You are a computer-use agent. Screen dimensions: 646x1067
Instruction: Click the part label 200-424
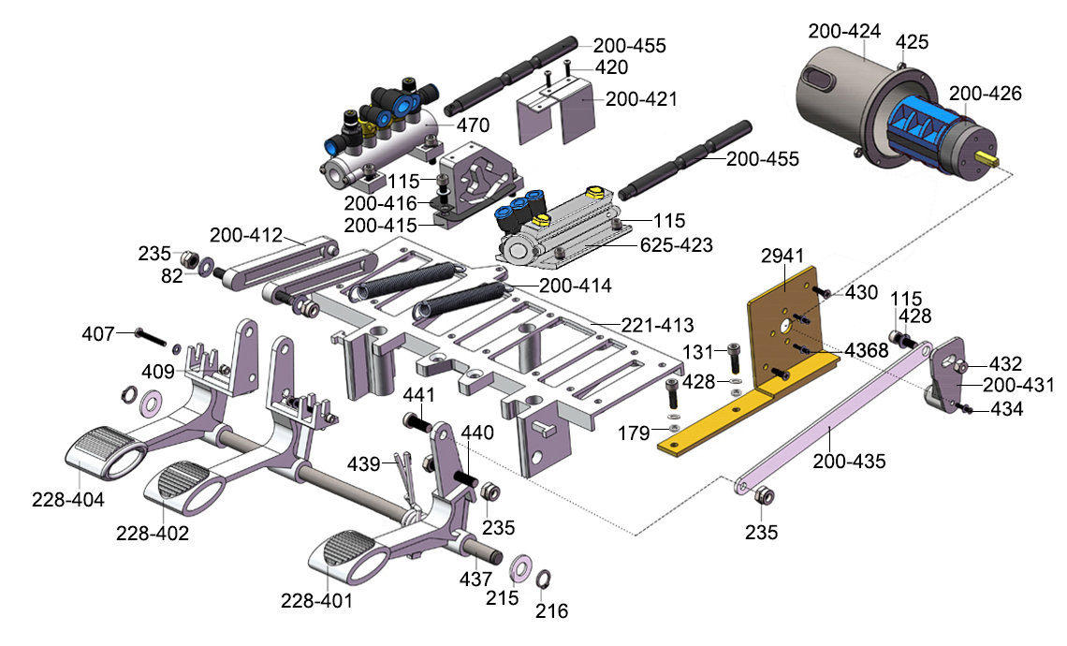click(844, 31)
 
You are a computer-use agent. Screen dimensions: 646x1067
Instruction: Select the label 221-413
click(658, 326)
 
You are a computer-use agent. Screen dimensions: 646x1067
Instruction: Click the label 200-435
click(849, 461)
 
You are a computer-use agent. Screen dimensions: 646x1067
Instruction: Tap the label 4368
click(868, 350)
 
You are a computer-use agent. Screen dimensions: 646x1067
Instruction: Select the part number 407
click(97, 332)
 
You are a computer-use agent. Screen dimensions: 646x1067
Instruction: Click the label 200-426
click(985, 94)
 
